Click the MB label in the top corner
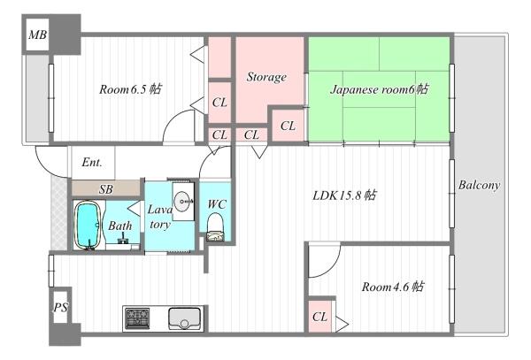[x=37, y=34]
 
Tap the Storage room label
[x=266, y=77]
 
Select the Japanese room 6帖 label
[x=379, y=89]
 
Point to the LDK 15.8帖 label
[x=344, y=195]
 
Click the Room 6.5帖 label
[x=130, y=89]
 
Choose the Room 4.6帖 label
[x=392, y=287]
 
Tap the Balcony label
[x=479, y=185]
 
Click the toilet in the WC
[x=215, y=227]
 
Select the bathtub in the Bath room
[x=88, y=226]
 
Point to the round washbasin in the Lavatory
[x=183, y=202]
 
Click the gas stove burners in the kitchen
[x=137, y=318]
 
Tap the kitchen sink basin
[x=184, y=318]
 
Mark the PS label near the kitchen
[x=60, y=307]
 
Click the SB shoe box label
[x=105, y=189]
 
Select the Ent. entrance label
[x=92, y=163]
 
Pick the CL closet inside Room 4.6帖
[x=320, y=317]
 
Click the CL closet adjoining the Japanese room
[x=288, y=126]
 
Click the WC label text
[x=217, y=204]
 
